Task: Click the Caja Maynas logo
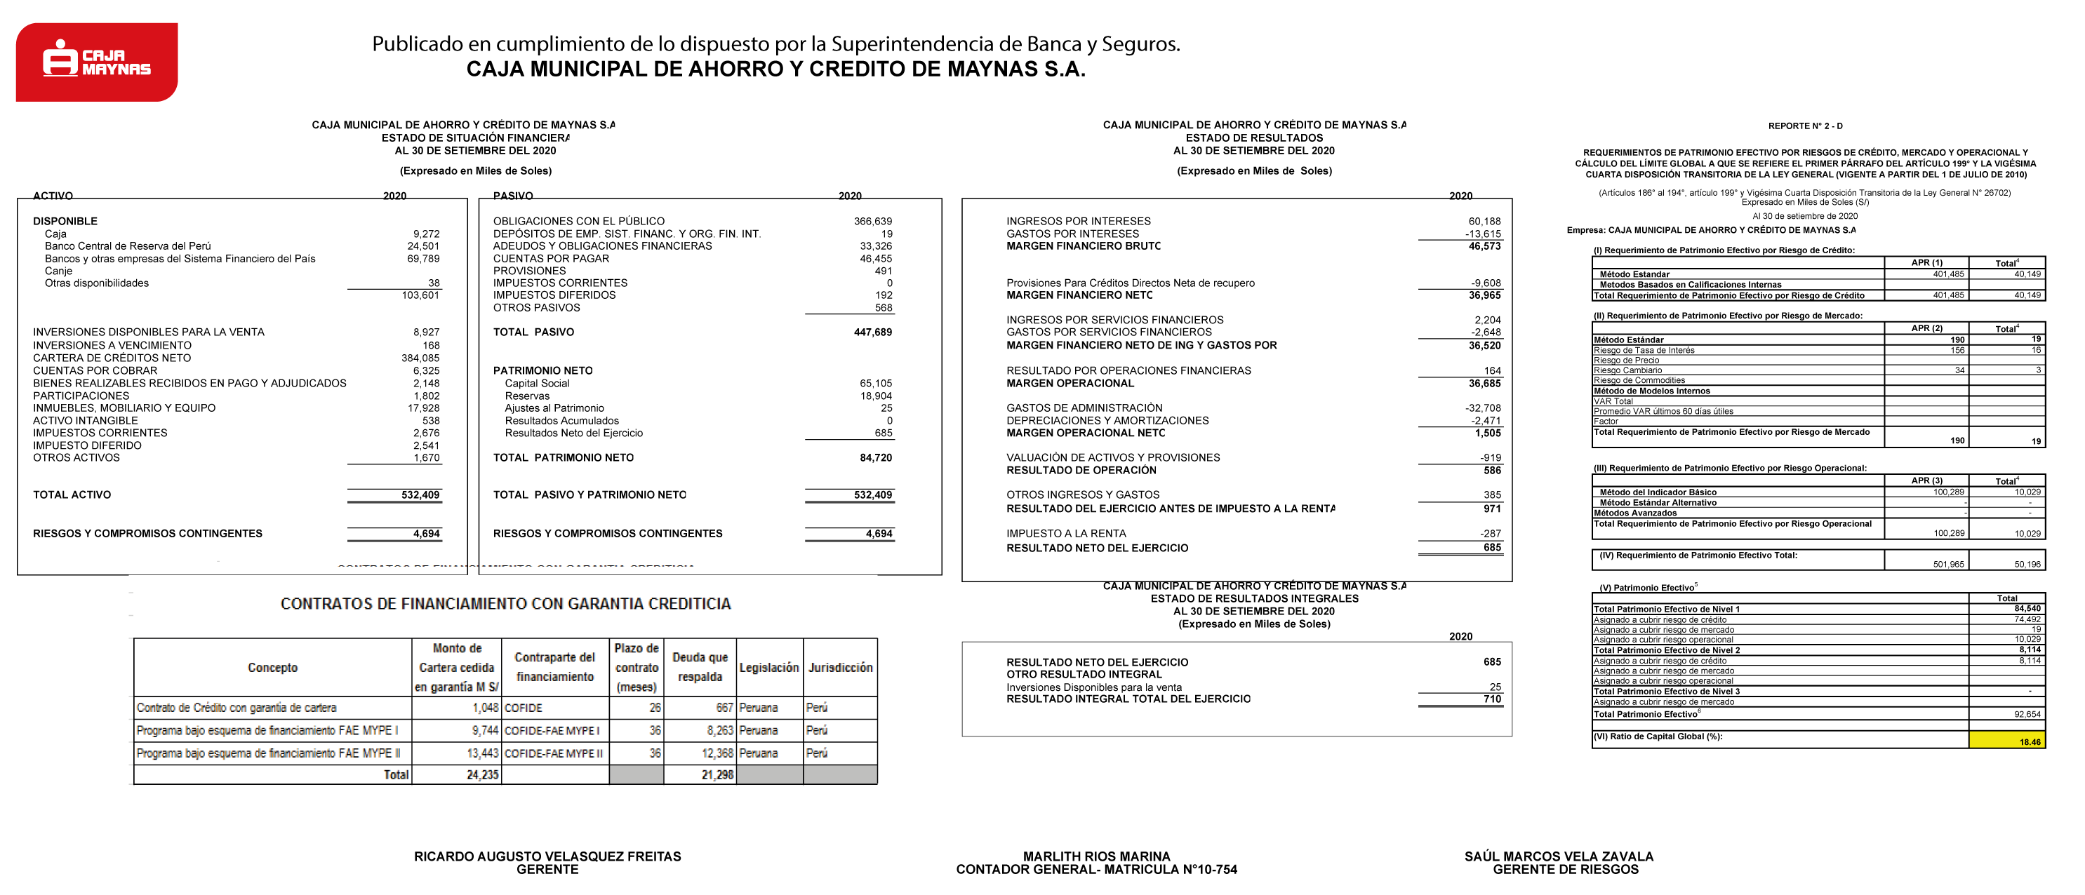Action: (97, 62)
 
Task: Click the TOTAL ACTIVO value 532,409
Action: (420, 495)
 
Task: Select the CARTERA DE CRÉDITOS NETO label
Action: (112, 358)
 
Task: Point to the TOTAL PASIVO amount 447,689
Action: (872, 332)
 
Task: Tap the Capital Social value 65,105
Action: (876, 384)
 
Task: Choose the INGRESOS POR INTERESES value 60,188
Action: (1484, 221)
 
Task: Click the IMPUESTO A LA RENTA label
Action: (1066, 534)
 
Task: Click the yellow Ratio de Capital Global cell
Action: (2006, 739)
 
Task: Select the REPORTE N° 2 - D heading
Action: (1805, 126)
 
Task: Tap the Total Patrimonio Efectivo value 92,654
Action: (2027, 715)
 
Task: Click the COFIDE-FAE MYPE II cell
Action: (554, 753)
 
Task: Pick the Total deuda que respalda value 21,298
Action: (717, 775)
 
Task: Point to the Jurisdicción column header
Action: (840, 668)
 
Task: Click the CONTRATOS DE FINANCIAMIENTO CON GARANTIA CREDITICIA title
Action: (505, 604)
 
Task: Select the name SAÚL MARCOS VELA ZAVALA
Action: (1559, 856)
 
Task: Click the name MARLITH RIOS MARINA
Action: (1096, 856)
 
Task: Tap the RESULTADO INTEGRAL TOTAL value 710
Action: (1492, 699)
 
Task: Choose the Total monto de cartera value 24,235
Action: (482, 775)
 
